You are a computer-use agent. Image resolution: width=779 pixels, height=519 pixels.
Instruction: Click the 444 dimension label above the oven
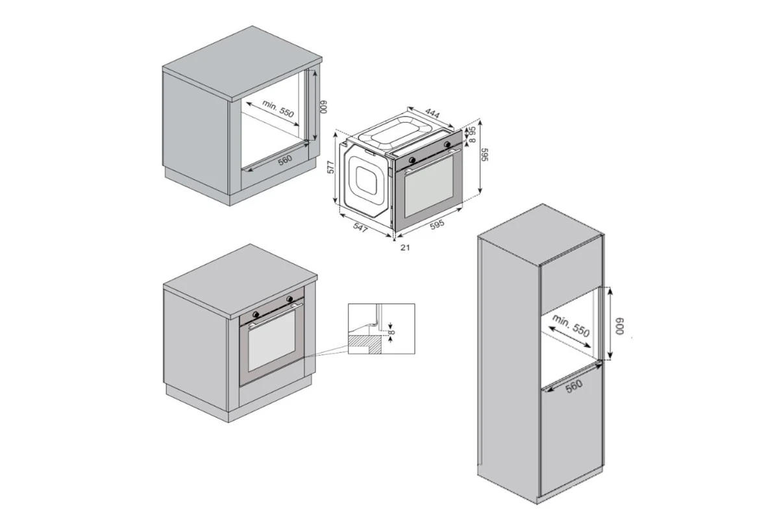pos(433,114)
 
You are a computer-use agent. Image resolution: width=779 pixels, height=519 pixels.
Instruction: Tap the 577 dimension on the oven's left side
pos(331,167)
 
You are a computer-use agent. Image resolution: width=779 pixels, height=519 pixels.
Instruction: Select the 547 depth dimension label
pos(360,228)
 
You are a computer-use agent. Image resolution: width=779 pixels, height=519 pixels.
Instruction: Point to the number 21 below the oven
pos(405,248)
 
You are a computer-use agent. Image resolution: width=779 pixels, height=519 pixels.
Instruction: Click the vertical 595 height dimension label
pos(485,154)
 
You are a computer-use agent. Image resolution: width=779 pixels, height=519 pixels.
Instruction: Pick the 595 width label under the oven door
pos(437,224)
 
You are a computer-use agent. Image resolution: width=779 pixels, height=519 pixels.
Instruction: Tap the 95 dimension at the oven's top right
pos(472,130)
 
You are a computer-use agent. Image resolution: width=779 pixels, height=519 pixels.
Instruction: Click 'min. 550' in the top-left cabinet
pos(278,108)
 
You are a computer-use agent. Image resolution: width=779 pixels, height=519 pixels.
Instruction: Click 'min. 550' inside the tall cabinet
pos(571,326)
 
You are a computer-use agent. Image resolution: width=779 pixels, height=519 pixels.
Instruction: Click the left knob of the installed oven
pos(256,314)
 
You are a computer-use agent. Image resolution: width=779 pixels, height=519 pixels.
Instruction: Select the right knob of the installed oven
pos(290,298)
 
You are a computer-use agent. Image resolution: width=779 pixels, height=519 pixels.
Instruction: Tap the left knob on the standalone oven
pos(412,160)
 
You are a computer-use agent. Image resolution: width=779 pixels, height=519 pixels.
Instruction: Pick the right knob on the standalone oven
pos(447,144)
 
